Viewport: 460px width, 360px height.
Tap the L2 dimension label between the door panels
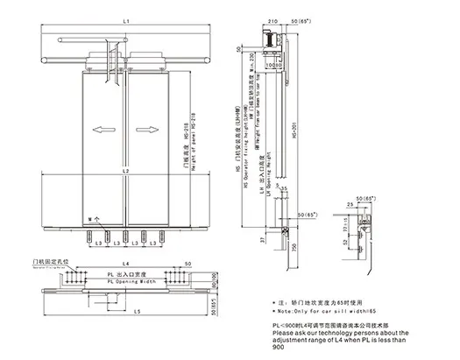click(x=126, y=168)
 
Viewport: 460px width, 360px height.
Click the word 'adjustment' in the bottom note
click(x=295, y=340)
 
